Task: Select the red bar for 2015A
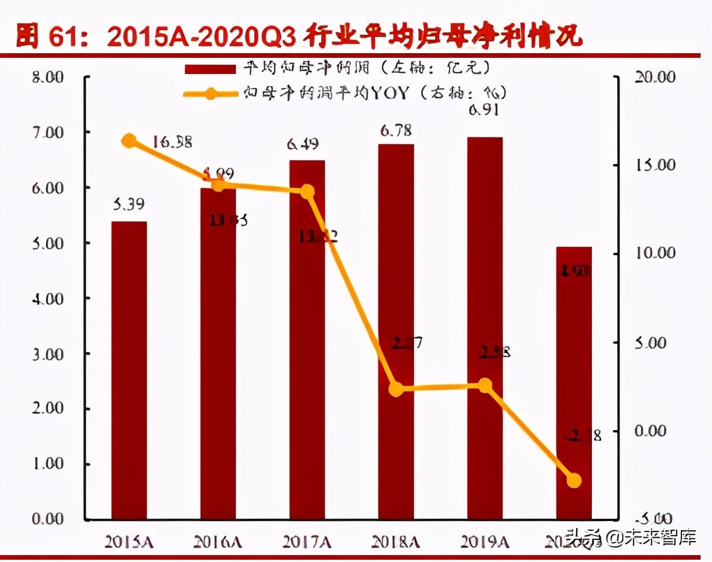point(129,370)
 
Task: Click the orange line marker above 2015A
point(129,140)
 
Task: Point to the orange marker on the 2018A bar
point(396,389)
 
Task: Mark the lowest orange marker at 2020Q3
point(574,480)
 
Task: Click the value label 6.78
point(396,131)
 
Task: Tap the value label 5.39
point(128,204)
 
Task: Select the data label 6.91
point(484,110)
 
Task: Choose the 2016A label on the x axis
point(217,541)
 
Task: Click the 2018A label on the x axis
point(396,541)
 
